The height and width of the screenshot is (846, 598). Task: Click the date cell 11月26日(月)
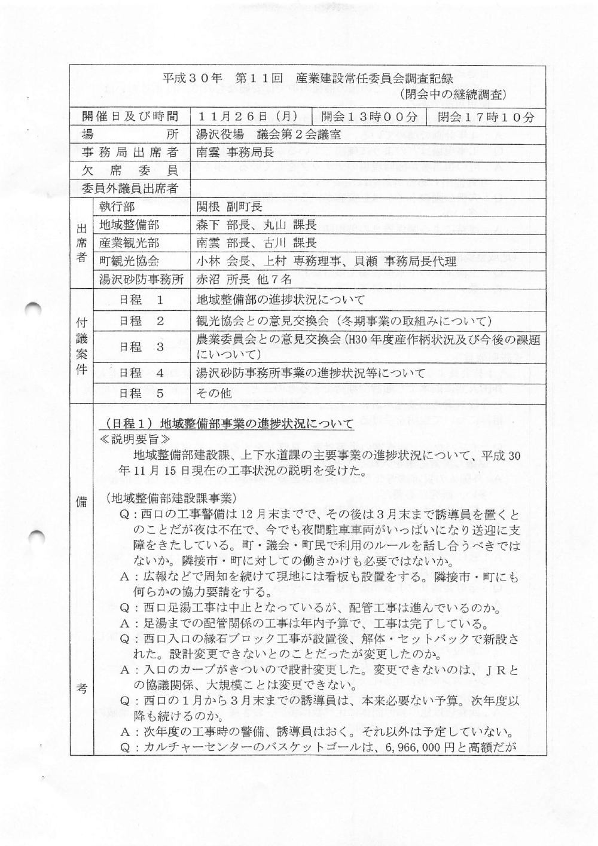[x=248, y=117]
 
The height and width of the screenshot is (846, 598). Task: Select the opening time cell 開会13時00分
[x=368, y=117]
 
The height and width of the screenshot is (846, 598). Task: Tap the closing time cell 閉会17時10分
[x=486, y=117]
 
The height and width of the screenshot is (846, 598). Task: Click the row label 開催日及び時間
[x=130, y=117]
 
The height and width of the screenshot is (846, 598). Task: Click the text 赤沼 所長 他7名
[x=244, y=279]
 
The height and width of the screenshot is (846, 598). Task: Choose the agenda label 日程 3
[x=141, y=347]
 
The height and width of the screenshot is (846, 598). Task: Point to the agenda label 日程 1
[x=141, y=300]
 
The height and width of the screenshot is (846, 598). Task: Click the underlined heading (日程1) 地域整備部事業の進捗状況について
[x=226, y=424]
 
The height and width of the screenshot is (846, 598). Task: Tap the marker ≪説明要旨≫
[x=127, y=438]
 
